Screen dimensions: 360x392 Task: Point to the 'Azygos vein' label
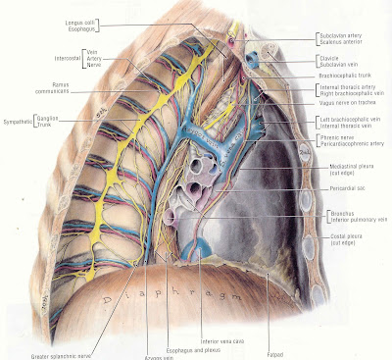(x=144, y=357)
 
